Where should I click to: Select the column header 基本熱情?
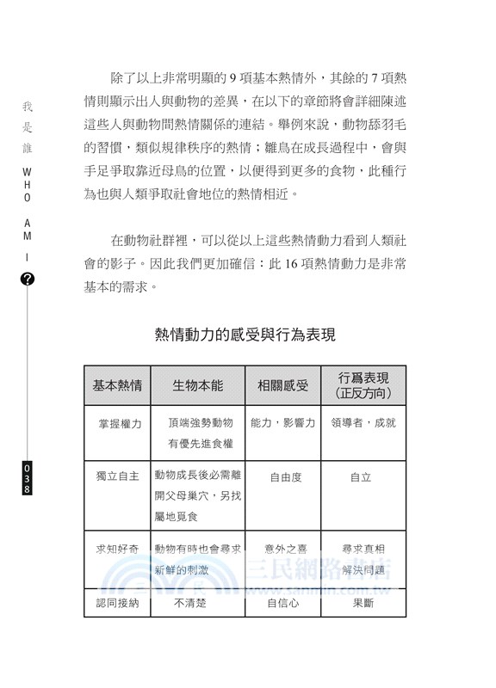click(x=117, y=385)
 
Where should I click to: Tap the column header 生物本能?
click(x=197, y=385)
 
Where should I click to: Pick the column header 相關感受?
click(x=282, y=385)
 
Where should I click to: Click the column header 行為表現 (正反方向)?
click(x=363, y=385)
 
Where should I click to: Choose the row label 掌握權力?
click(x=117, y=423)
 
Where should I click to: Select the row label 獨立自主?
click(x=117, y=476)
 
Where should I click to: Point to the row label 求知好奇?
click(x=117, y=548)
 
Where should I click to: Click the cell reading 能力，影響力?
click(x=282, y=423)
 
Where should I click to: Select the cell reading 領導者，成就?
click(x=363, y=423)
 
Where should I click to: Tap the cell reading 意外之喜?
click(x=282, y=548)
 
